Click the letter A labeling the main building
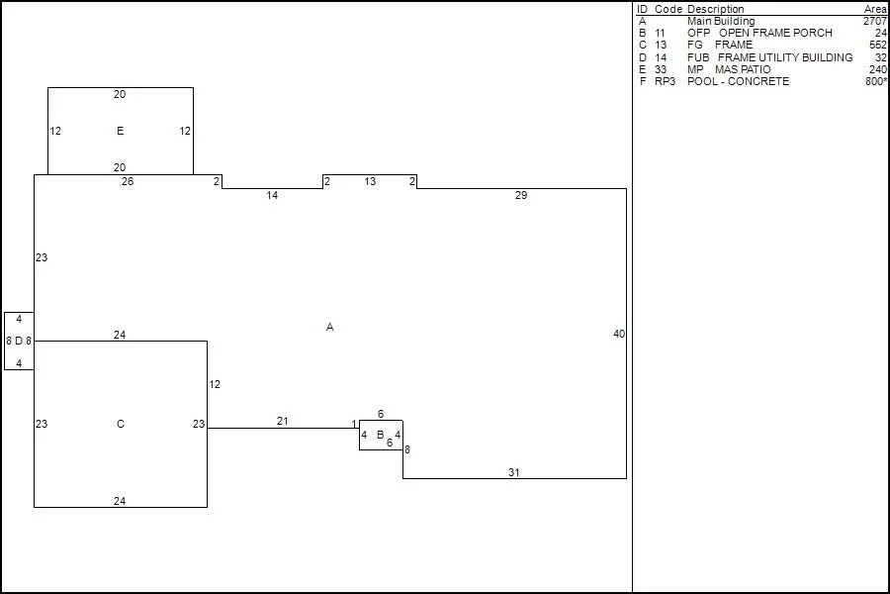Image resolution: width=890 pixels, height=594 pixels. point(329,327)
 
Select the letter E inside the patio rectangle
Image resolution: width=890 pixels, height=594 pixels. point(121,131)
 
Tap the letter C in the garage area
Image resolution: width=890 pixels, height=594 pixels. point(121,424)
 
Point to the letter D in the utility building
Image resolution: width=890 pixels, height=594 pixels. point(19,341)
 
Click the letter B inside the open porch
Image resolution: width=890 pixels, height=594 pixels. point(381,435)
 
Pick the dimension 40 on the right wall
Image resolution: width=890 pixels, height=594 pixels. point(619,335)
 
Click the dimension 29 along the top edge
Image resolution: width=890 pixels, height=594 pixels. point(521,195)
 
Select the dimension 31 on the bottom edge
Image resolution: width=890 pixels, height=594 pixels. point(513,472)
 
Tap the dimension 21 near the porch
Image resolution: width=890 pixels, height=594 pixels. point(283,421)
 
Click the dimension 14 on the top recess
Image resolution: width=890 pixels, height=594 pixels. point(273,196)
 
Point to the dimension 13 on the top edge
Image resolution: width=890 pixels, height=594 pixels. point(370,181)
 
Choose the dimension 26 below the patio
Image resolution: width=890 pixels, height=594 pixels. point(128,181)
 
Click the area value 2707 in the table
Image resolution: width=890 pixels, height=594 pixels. point(875,21)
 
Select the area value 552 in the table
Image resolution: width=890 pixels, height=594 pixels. point(877,45)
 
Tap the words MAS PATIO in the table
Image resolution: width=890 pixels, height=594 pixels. point(743,69)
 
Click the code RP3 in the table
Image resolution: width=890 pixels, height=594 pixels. point(666,81)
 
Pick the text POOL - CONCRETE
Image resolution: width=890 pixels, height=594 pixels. point(738,81)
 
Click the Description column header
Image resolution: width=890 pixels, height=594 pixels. point(716,9)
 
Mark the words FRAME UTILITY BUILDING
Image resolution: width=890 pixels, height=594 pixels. point(785,57)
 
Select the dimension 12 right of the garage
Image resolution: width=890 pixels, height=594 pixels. point(215,385)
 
